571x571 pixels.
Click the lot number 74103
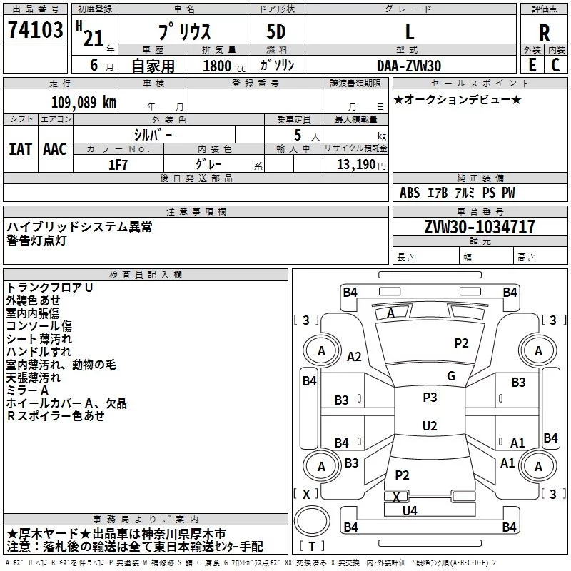coord(35,31)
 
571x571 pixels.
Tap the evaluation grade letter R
coord(545,32)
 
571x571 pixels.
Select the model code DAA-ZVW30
coord(409,65)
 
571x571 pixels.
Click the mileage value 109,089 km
coord(84,102)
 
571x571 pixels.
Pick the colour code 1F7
coord(118,163)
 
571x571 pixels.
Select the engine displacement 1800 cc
coord(218,66)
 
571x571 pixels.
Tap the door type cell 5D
coord(276,32)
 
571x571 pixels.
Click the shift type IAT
coord(20,149)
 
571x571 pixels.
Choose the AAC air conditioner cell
coord(55,149)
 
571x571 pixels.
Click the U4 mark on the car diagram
coord(410,510)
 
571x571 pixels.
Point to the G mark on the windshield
coord(450,376)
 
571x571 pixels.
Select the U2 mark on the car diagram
coord(429,426)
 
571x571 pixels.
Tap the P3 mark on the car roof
coord(430,398)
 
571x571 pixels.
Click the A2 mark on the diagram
coord(354,357)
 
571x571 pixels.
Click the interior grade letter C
coord(555,65)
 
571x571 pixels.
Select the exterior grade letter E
coord(532,65)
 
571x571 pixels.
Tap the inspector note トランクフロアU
coord(50,287)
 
